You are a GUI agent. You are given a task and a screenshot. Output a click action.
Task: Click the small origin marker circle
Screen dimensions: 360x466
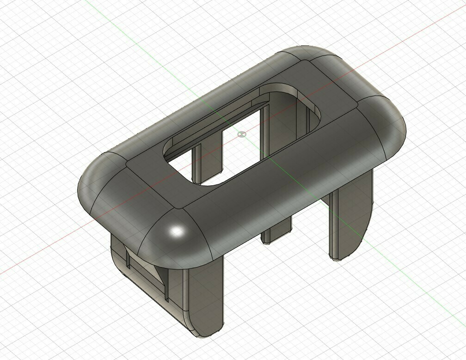(241, 134)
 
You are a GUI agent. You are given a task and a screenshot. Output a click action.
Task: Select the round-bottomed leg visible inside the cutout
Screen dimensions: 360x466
(207, 159)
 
